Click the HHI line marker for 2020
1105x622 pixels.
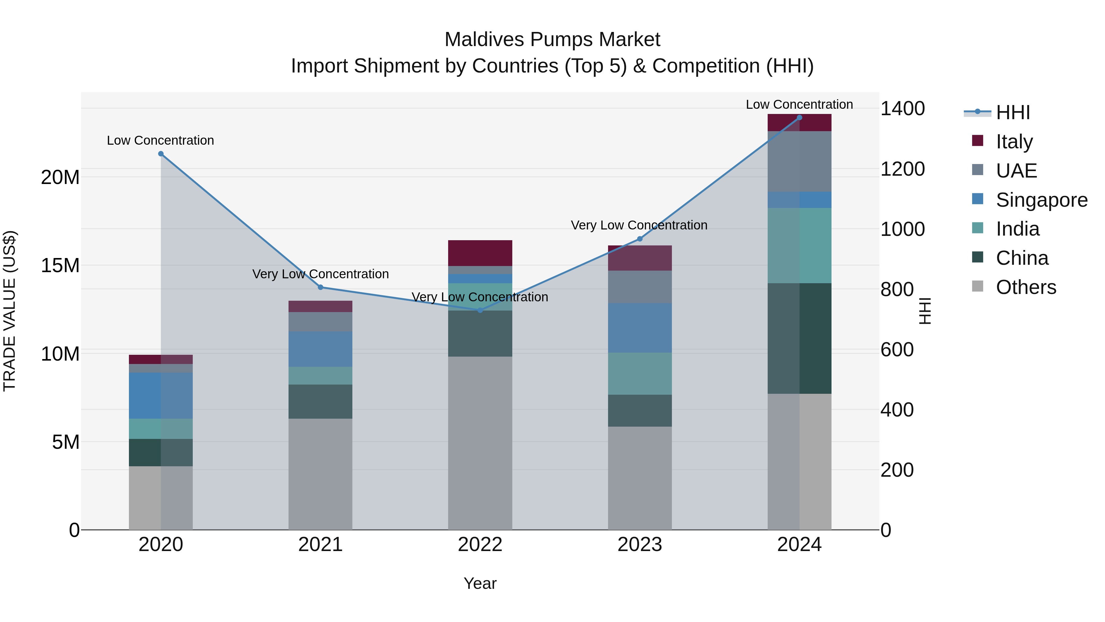pyautogui.click(x=161, y=154)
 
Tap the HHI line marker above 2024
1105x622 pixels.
pyautogui.click(x=799, y=118)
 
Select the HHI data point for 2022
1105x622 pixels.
pyautogui.click(x=480, y=310)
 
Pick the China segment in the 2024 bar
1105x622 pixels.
pyautogui.click(x=799, y=338)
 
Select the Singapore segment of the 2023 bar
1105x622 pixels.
pyautogui.click(x=640, y=328)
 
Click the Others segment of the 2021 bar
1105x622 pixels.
pyautogui.click(x=320, y=474)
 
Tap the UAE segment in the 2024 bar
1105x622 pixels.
pyautogui.click(x=799, y=161)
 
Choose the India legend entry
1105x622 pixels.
pyautogui.click(x=1017, y=229)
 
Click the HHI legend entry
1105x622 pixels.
pyautogui.click(x=1012, y=112)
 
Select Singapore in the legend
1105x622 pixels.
pyautogui.click(x=1041, y=200)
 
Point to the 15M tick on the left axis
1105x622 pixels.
pyautogui.click(x=60, y=265)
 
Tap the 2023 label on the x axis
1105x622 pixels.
pyautogui.click(x=640, y=545)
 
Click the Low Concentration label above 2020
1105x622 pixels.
pyautogui.click(x=161, y=140)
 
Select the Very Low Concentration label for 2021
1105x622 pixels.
pyautogui.click(x=320, y=274)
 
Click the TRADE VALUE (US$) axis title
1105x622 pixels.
pyautogui.click(x=10, y=311)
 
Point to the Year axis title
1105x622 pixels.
pyautogui.click(x=480, y=583)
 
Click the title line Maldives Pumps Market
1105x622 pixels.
pyautogui.click(x=552, y=40)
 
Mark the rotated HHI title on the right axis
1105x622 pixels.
pyautogui.click(x=925, y=311)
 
